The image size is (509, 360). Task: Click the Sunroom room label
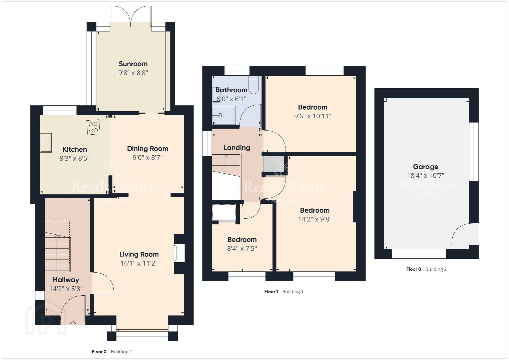(133, 64)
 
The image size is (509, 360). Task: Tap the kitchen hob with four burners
(93, 127)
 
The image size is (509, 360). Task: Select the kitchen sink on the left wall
(46, 143)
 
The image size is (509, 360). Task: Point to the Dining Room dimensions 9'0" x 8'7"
(148, 158)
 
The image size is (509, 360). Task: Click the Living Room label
(139, 254)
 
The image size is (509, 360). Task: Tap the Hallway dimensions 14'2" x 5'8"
(66, 289)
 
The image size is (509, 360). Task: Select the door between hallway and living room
(102, 283)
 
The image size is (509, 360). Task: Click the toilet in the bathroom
(253, 85)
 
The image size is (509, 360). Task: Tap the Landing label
(237, 148)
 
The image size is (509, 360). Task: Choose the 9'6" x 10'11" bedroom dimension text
(313, 116)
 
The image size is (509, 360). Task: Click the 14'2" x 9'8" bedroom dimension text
(315, 219)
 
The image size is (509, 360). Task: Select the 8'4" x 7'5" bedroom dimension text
(242, 248)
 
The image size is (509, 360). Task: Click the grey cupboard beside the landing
(274, 164)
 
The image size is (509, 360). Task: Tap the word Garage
(426, 167)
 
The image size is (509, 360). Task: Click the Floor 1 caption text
(271, 292)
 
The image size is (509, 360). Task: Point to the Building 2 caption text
(436, 269)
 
